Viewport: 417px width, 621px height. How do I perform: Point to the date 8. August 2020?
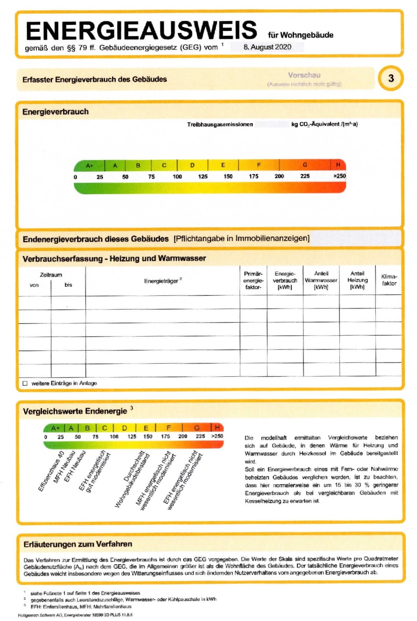(x=267, y=47)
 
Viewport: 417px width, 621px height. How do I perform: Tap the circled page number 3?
(x=390, y=78)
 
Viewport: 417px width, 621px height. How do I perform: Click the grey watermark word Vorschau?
(x=304, y=75)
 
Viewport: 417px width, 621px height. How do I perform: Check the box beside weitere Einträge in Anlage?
(x=25, y=383)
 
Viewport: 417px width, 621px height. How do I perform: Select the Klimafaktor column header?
(x=389, y=280)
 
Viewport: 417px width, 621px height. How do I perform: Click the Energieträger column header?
(x=162, y=281)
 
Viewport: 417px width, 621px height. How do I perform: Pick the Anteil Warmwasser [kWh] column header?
(x=321, y=280)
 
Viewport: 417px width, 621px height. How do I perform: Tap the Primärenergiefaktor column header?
(x=253, y=280)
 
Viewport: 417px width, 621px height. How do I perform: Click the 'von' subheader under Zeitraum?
(x=34, y=285)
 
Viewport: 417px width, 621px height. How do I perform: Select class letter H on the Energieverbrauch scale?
(x=338, y=165)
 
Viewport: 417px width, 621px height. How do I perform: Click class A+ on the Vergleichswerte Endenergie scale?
(x=55, y=428)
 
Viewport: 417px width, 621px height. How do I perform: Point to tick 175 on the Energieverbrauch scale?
(x=253, y=176)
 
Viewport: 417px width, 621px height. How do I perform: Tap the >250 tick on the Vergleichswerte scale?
(x=217, y=436)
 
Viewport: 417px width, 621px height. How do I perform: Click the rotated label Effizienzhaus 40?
(x=51, y=471)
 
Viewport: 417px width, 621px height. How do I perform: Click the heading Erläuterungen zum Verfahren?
(x=78, y=544)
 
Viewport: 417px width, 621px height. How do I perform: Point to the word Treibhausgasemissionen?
(x=220, y=124)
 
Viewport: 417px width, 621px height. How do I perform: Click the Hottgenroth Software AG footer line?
(x=75, y=615)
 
